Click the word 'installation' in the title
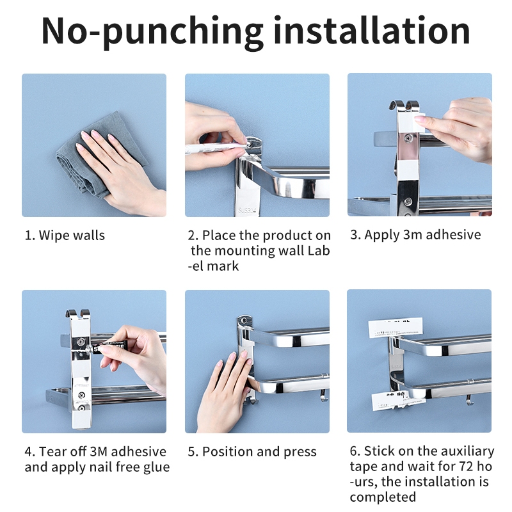point(372,30)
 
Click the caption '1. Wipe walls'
point(65,235)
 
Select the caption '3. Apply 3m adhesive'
point(415,235)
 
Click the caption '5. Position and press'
point(252,452)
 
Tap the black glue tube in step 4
point(109,346)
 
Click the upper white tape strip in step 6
point(396,328)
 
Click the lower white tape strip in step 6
point(399,401)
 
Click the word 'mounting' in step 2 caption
point(245,251)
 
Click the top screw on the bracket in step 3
point(408,138)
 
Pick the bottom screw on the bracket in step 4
point(81,408)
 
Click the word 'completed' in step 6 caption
point(383,497)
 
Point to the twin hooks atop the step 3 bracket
point(404,105)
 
